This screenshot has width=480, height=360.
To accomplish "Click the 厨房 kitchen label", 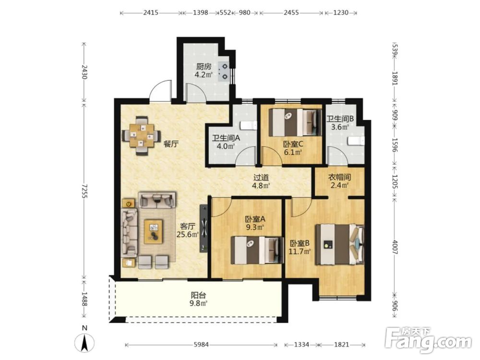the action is (204, 66).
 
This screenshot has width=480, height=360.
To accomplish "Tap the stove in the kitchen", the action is (224, 72).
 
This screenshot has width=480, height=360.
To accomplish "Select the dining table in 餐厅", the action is (142, 135).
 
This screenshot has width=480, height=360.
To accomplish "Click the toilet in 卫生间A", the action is (248, 125).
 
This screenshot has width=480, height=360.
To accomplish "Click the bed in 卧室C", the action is (295, 122).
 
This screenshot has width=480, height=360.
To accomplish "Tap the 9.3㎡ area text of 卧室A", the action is (255, 228).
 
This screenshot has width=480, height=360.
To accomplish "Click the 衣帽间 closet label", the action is (339, 177).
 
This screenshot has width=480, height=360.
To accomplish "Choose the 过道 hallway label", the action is (261, 177).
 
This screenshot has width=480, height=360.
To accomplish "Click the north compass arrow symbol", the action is (85, 343).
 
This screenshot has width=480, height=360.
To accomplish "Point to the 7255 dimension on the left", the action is (84, 191).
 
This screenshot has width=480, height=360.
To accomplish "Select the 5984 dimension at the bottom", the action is (201, 345).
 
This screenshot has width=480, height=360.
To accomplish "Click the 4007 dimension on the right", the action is (395, 247).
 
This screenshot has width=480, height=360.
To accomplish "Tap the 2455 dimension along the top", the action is (291, 12).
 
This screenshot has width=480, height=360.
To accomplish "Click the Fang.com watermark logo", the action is (428, 340).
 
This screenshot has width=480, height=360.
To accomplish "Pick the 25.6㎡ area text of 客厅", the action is (188, 235).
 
